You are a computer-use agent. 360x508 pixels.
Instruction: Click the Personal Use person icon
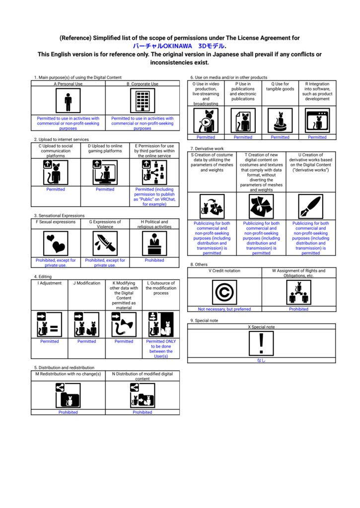click(68, 101)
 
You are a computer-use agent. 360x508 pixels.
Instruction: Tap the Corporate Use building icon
click(143, 101)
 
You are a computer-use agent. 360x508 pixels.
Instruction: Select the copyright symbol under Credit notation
click(224, 292)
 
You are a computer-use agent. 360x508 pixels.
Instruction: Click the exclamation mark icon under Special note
click(261, 343)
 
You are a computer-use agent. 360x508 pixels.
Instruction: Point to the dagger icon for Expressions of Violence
click(105, 243)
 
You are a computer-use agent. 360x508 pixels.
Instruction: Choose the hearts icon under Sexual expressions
click(56, 243)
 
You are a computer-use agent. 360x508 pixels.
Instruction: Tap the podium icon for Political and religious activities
click(154, 243)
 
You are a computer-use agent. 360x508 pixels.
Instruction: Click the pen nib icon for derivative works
click(311, 206)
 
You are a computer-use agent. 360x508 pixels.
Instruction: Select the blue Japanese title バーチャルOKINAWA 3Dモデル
click(179, 46)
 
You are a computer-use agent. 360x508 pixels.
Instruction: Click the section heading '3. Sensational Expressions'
click(60, 215)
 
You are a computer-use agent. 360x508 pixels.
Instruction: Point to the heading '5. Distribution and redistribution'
click(64, 368)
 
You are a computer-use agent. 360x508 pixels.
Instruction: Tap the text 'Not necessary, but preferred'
click(224, 309)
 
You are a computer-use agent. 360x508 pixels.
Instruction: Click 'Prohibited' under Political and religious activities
click(154, 260)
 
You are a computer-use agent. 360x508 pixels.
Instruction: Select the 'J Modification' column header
click(86, 283)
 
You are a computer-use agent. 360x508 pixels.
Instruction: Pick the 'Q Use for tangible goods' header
click(280, 86)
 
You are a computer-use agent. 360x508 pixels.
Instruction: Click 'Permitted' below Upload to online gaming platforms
click(105, 189)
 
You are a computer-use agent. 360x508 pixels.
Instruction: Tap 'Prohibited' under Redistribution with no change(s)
click(68, 412)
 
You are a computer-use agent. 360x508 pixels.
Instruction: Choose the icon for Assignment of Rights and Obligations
click(299, 292)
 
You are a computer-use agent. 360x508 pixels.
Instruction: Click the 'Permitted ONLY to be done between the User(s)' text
click(161, 349)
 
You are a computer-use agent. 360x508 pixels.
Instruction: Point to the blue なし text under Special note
click(261, 360)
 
